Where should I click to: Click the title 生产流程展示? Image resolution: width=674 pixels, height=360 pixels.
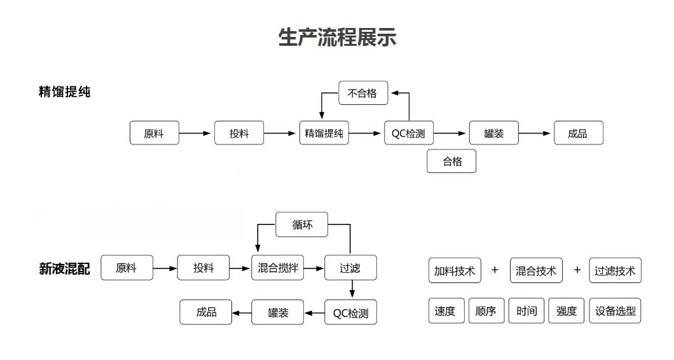pos(337,37)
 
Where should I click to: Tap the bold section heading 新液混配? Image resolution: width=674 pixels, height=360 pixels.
pos(64,269)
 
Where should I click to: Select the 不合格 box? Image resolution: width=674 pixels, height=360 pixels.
pos(362,93)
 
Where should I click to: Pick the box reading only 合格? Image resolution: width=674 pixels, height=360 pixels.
pos(451,162)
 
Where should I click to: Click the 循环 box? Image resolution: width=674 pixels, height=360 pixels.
pos(302,225)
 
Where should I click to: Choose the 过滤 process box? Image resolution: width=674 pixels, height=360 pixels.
pos(350,268)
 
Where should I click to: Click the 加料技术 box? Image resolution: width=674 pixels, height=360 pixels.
pos(455,271)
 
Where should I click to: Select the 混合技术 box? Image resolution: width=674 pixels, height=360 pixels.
pos(536,271)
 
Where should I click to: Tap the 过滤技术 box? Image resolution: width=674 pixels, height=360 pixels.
pos(615,271)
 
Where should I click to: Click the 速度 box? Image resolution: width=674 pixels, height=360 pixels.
pos(445,311)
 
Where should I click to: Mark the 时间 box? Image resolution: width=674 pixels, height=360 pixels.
pos(526,311)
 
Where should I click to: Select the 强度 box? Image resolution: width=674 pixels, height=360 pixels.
pos(566,311)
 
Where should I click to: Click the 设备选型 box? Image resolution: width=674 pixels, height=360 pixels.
pos(615,311)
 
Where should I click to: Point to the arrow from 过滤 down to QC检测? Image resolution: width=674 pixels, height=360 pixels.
pos(352,290)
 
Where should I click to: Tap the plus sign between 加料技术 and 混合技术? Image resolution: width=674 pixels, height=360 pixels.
pos(495,270)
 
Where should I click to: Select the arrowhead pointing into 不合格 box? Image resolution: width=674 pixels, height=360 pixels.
pos(394,93)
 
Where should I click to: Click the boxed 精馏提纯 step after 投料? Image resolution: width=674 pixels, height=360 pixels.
pos(324,134)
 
